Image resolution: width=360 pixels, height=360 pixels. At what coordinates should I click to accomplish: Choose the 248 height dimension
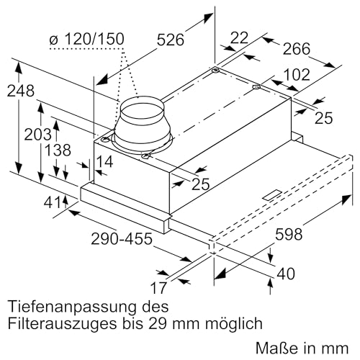point(20,91)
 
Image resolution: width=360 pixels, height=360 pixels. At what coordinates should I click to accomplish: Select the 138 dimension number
point(58,150)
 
